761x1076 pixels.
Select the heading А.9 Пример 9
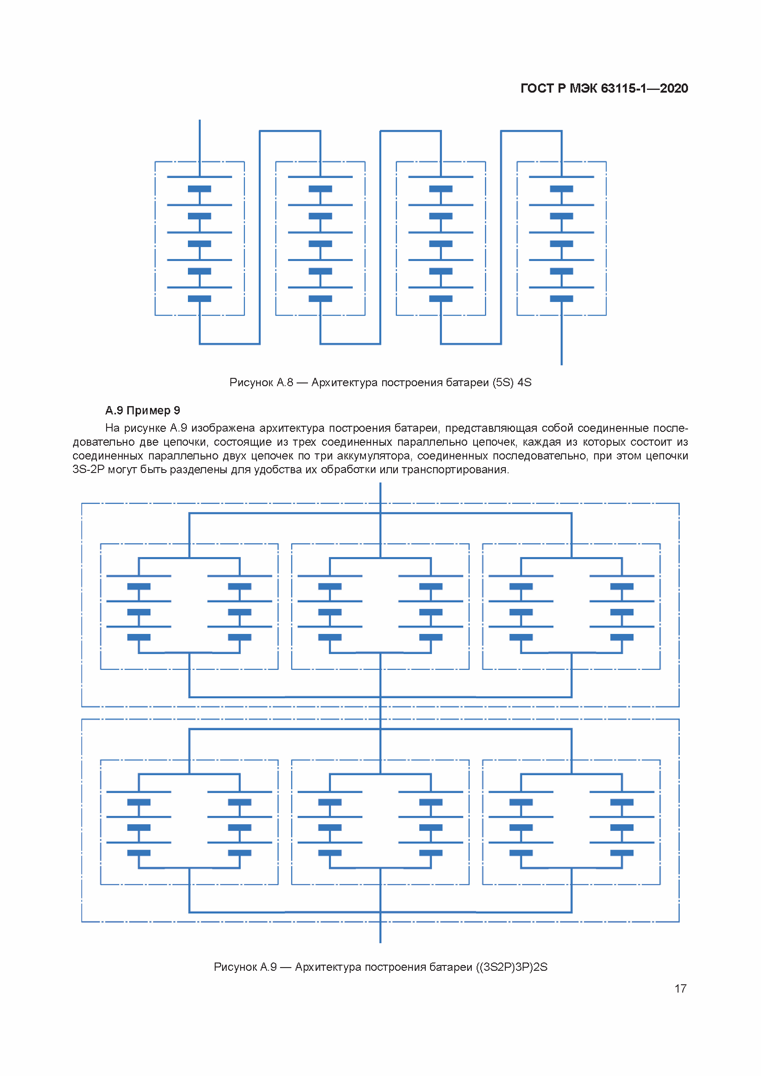tap(142, 410)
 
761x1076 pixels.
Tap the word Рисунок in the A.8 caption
tap(251, 382)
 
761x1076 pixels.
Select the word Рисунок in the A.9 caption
tap(235, 967)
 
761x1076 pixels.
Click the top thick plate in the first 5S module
tap(200, 189)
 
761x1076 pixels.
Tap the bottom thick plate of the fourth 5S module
tap(561, 298)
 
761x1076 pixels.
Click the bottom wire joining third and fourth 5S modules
tap(471, 344)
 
